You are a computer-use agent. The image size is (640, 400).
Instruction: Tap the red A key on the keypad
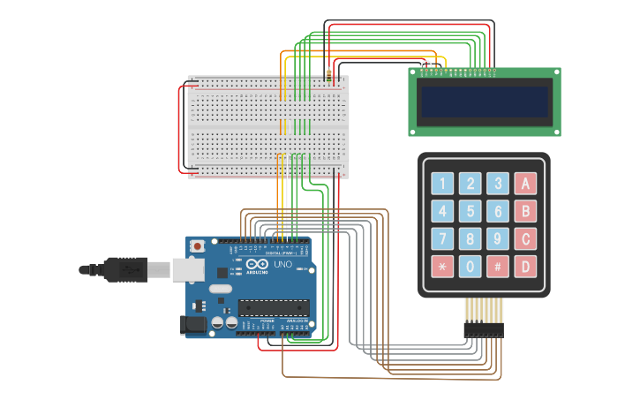click(525, 184)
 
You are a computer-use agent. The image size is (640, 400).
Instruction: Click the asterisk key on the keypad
click(442, 266)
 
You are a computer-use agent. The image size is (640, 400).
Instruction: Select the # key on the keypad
click(498, 266)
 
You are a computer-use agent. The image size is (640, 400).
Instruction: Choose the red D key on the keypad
click(525, 266)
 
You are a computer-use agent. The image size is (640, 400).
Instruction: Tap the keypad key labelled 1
click(442, 184)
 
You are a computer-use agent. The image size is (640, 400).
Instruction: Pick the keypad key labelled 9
click(498, 238)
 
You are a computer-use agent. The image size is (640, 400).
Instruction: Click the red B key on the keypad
click(525, 211)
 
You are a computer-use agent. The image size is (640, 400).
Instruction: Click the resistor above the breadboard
click(329, 75)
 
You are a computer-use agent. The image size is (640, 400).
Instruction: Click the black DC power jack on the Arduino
click(193, 325)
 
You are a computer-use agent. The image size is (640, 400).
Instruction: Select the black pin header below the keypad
click(484, 329)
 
